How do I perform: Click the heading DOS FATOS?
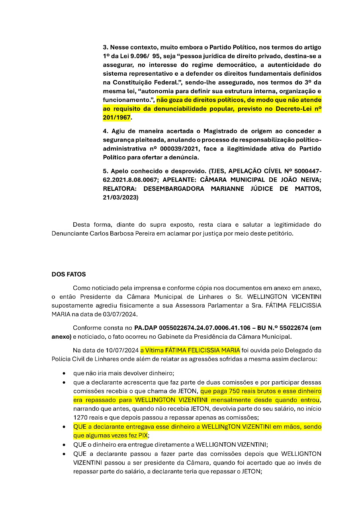tap(68, 274)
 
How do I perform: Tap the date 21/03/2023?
tap(120, 197)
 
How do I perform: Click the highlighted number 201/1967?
tap(117, 118)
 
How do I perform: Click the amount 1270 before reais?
tap(80, 417)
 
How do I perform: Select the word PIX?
tap(142, 435)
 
